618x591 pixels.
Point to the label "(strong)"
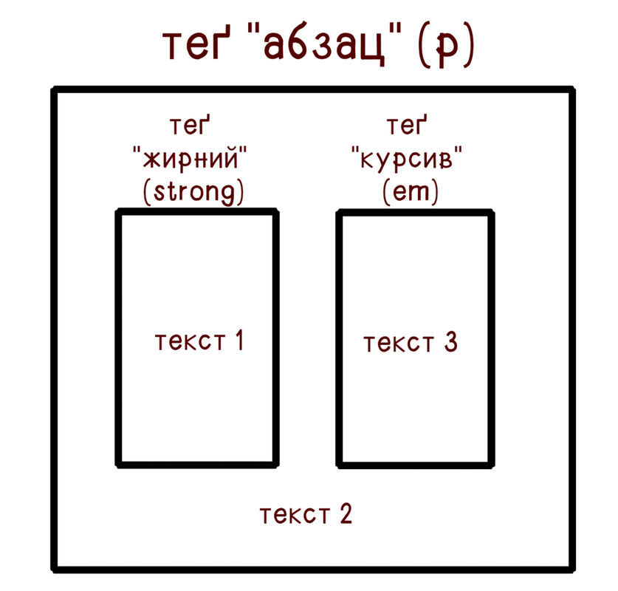193,192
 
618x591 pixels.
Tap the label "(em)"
411,192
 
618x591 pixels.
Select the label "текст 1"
199,342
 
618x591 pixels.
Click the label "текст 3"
411,342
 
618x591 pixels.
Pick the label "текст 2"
306,514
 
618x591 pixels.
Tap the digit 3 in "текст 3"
450,342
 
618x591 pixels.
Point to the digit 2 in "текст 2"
346,514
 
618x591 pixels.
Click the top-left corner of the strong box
119,213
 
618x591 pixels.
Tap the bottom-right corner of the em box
490,464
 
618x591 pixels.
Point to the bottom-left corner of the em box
340,464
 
